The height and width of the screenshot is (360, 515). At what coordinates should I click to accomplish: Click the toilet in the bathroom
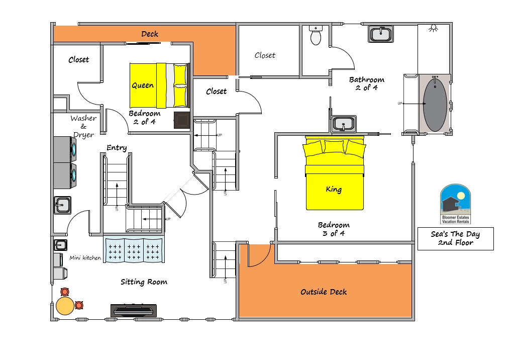point(316,35)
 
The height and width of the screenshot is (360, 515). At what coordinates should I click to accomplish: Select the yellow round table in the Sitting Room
point(65,306)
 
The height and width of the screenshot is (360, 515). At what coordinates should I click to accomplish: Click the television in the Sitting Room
point(133,310)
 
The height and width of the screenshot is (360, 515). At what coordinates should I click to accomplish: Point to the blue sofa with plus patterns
point(134,250)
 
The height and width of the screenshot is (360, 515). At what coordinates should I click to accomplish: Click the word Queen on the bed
point(143,85)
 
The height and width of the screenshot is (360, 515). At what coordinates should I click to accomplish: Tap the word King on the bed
point(334,189)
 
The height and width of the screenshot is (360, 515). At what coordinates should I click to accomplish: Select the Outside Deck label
point(324,292)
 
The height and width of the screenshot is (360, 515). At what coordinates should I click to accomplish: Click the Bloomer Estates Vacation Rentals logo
point(455,204)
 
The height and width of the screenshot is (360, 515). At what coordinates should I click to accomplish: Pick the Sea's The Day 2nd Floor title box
point(456,239)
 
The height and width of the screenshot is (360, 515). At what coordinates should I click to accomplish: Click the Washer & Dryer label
point(83,127)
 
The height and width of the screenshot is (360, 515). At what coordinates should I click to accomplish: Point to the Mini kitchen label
point(85,258)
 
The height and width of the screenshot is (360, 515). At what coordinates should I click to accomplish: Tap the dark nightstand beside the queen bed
point(182,120)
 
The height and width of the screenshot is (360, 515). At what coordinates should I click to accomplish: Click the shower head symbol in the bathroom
point(434,28)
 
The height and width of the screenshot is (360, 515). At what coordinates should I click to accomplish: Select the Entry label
point(117,148)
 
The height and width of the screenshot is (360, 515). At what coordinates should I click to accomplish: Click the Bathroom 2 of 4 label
point(367,83)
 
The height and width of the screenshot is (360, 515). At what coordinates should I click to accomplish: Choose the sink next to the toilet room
point(381,34)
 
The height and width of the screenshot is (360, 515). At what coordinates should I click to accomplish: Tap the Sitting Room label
point(144,282)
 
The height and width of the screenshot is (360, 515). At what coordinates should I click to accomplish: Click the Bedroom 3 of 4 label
point(334,229)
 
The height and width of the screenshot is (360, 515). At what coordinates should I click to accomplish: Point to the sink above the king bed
point(344,124)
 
